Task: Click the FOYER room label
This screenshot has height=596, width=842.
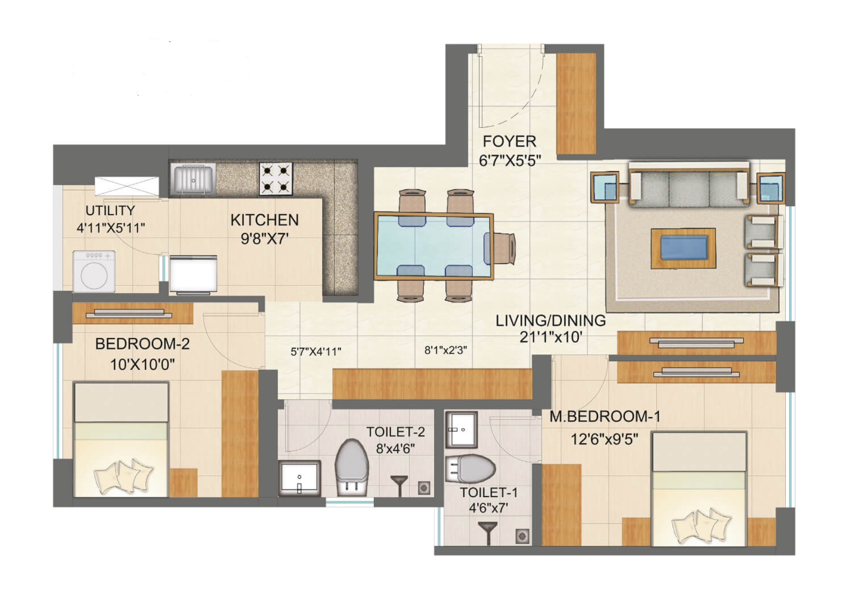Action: [509, 142]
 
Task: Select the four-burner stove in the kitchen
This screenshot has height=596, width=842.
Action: [276, 179]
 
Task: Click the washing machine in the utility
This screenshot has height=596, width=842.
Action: [94, 271]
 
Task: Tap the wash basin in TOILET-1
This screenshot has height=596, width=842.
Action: [461, 429]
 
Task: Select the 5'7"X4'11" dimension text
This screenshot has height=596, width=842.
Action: [316, 352]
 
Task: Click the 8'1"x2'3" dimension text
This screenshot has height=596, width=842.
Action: [445, 350]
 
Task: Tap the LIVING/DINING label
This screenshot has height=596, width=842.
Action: [551, 320]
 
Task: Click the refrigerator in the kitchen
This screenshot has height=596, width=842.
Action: [193, 274]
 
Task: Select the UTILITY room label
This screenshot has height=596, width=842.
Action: [110, 210]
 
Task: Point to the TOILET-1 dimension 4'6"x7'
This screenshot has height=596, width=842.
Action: [488, 508]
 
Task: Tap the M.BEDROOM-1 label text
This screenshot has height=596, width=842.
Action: [605, 416]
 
